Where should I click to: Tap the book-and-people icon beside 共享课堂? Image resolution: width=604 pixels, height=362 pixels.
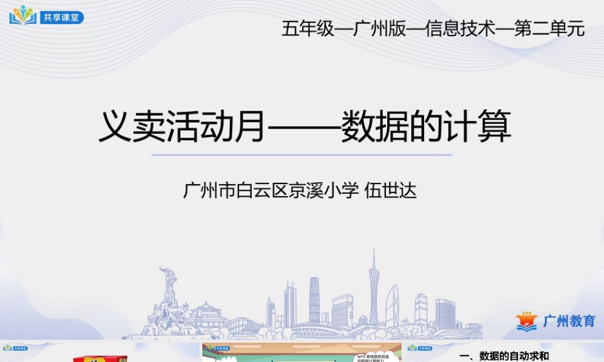coord(23,15)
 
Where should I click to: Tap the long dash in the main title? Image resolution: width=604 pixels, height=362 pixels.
coord(303,129)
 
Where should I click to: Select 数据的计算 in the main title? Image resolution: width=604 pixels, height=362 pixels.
coord(426,127)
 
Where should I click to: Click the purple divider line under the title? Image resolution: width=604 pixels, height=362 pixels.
coord(301,155)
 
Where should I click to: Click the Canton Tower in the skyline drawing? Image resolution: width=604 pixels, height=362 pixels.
coord(374,290)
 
